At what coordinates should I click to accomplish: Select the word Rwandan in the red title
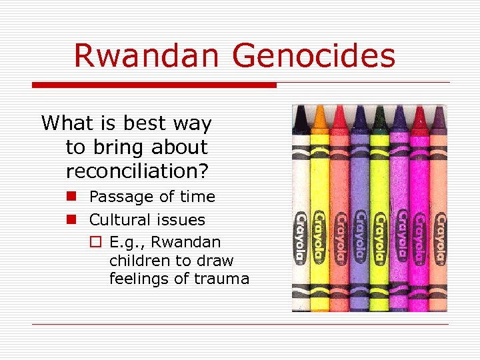pyautogui.click(x=147, y=56)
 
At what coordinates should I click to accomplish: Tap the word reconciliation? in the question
pyautogui.click(x=137, y=171)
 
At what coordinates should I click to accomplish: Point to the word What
pyautogui.click(x=67, y=123)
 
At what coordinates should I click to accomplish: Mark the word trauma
pyautogui.click(x=223, y=279)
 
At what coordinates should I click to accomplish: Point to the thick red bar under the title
pyautogui.click(x=154, y=85)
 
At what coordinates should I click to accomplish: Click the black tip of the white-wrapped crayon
pyautogui.click(x=301, y=120)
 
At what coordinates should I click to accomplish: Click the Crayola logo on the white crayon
pyautogui.click(x=302, y=237)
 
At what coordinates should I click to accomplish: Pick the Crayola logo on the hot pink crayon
pyautogui.click(x=419, y=237)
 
